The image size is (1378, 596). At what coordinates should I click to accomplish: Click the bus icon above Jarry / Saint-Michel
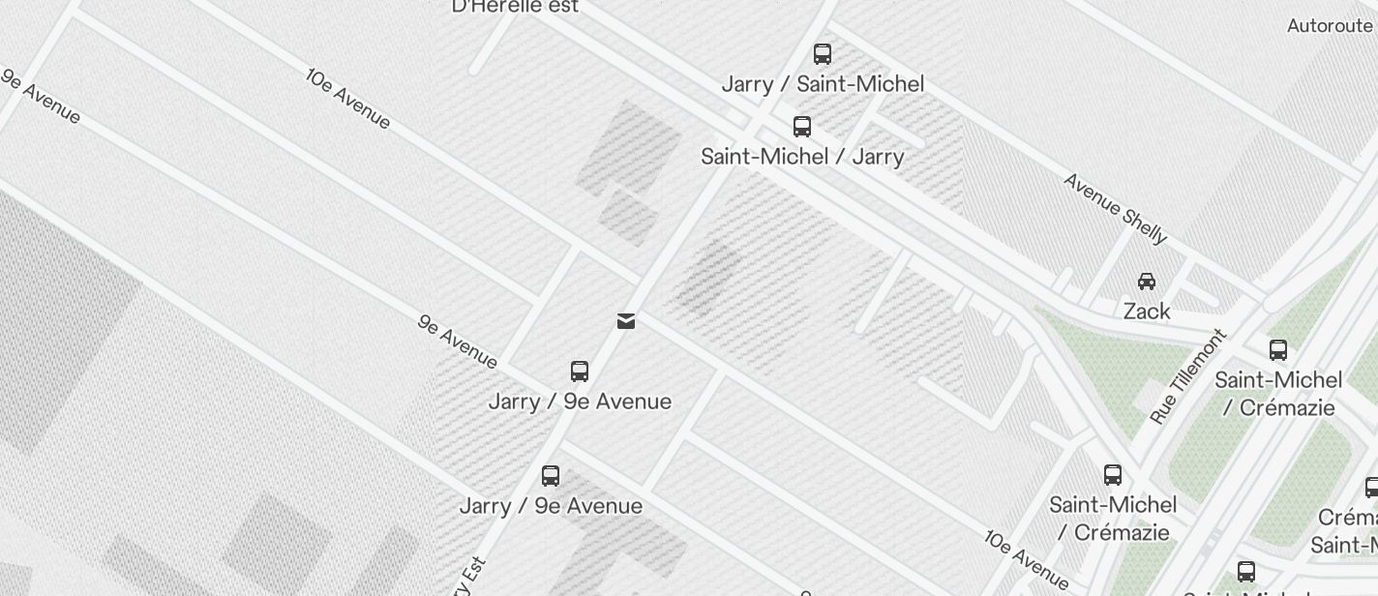point(823,54)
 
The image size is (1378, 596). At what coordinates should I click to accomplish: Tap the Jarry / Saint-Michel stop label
point(823,84)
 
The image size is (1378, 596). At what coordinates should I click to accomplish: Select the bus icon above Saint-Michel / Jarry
point(802,127)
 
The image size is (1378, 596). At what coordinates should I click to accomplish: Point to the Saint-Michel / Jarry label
point(802,157)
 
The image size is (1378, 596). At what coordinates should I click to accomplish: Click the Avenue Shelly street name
point(1115,208)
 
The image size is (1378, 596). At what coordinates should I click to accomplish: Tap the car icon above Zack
point(1147,282)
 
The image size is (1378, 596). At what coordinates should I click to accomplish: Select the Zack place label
point(1147,312)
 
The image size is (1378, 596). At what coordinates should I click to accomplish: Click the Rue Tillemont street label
point(1187,376)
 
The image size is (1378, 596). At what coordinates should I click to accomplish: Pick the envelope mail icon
point(626,321)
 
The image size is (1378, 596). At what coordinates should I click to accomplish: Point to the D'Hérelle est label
point(515,7)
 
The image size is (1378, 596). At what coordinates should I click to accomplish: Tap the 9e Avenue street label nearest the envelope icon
point(458,341)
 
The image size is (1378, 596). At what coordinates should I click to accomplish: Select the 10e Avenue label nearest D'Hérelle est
point(348,98)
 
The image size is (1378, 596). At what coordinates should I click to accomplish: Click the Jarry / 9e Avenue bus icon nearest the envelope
point(580,372)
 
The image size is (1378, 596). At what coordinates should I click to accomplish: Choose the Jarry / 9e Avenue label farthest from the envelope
point(551,506)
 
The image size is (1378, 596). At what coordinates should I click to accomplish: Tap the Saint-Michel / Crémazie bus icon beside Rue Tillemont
point(1278,350)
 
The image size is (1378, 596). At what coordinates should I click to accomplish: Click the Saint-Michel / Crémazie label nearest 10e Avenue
point(1113,519)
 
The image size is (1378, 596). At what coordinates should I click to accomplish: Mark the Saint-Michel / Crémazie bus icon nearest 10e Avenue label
point(1113,475)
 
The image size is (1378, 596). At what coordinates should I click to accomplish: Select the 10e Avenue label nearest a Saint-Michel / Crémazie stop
point(1027,559)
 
